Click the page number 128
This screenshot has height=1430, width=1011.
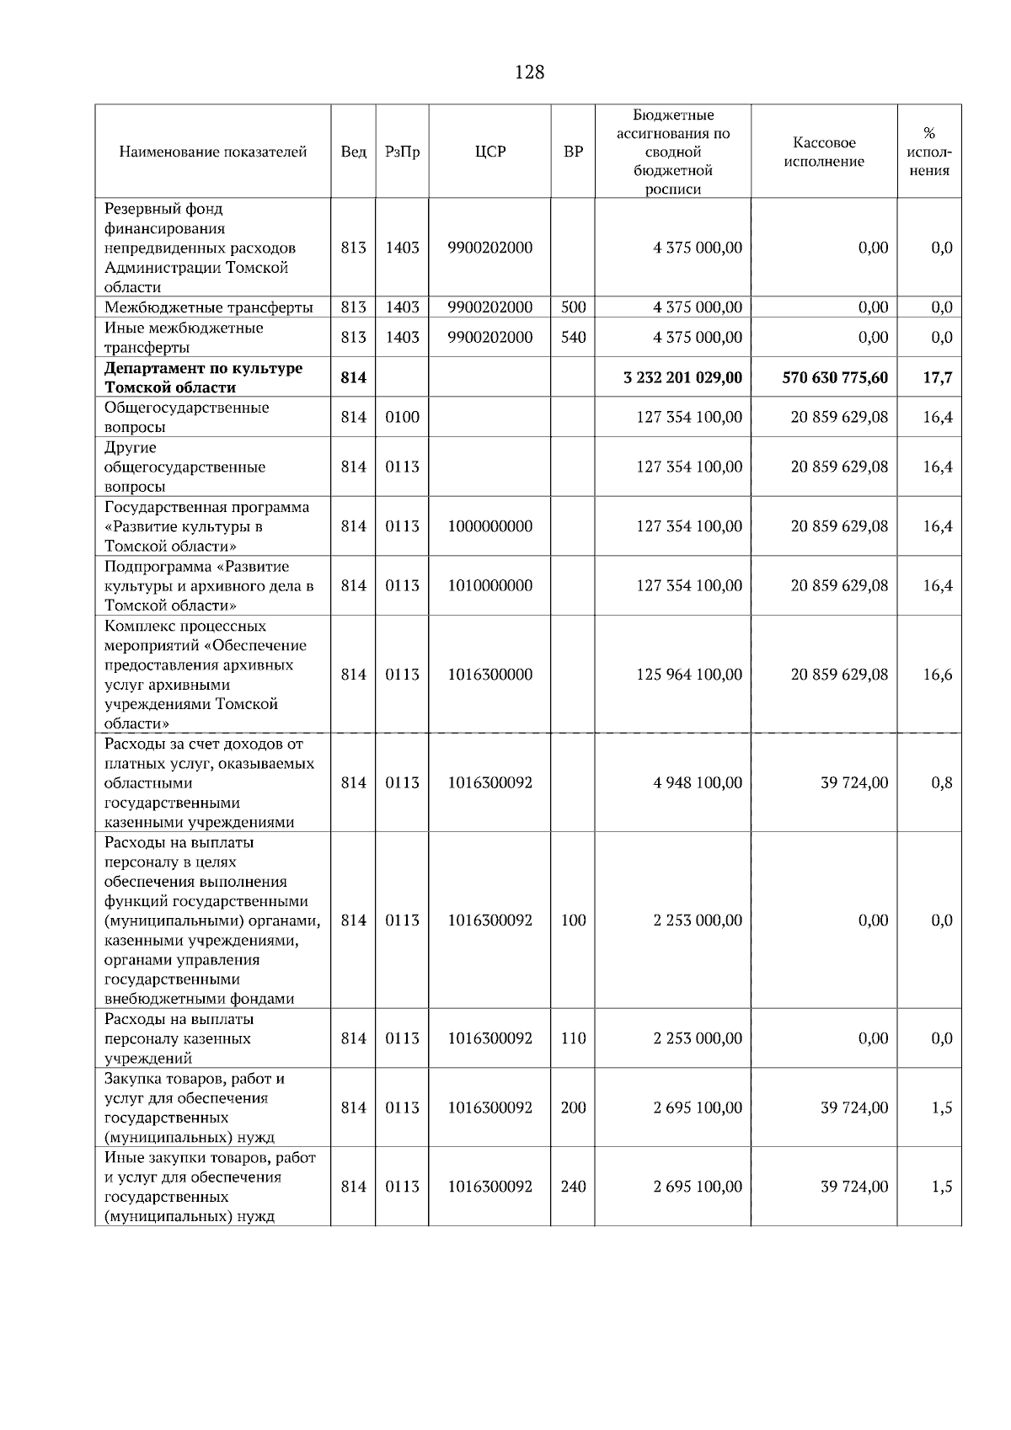click(x=529, y=72)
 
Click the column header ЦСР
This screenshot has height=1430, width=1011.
click(x=490, y=152)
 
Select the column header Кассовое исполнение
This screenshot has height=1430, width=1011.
click(x=824, y=152)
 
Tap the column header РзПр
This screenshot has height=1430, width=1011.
click(x=402, y=152)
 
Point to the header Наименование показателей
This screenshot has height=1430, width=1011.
click(x=213, y=152)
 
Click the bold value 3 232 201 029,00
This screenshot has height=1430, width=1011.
click(x=682, y=377)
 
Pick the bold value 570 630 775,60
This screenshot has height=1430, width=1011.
click(x=835, y=377)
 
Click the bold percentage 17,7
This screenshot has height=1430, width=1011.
click(x=937, y=377)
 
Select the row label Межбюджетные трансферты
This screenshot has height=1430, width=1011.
click(x=208, y=307)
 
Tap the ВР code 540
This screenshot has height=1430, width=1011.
click(x=573, y=337)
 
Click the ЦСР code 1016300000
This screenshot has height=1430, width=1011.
click(x=490, y=675)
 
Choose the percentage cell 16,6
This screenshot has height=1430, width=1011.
click(x=937, y=675)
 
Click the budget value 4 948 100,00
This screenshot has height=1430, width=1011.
click(x=698, y=782)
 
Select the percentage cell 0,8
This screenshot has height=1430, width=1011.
click(x=941, y=782)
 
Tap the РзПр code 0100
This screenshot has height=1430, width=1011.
click(x=402, y=417)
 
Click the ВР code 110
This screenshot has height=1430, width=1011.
click(x=573, y=1038)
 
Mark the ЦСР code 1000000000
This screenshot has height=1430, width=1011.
click(x=490, y=526)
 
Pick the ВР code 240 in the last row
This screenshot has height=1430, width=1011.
click(x=573, y=1187)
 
